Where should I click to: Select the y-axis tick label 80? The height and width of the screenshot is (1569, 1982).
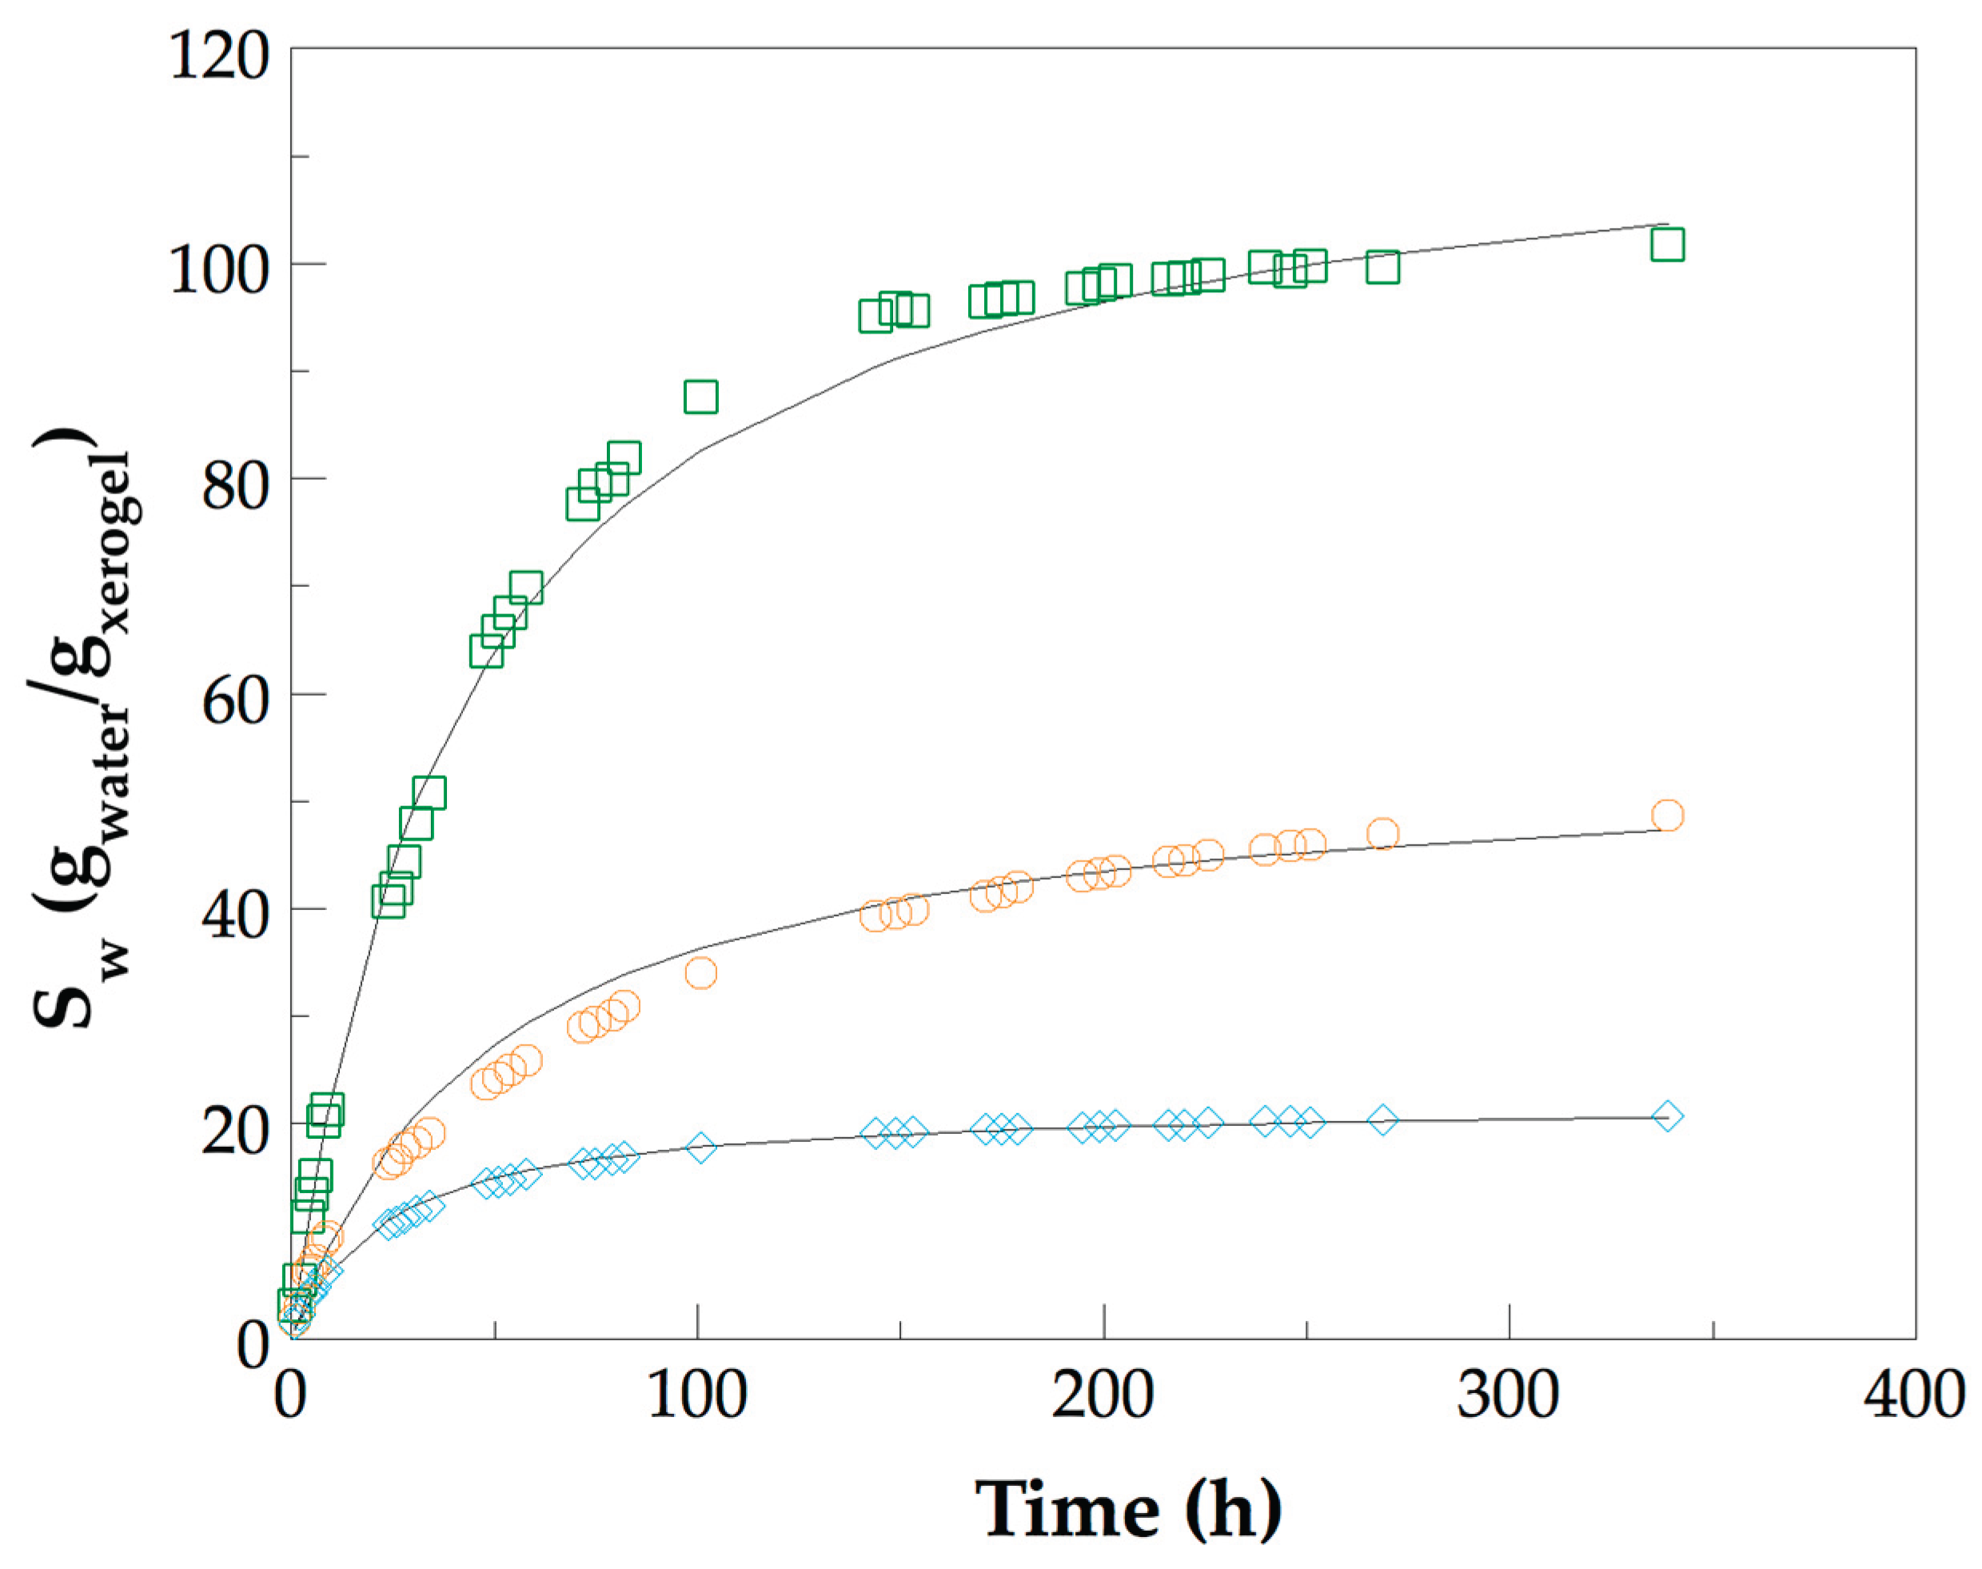click(235, 486)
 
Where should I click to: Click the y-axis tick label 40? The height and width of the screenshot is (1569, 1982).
click(235, 916)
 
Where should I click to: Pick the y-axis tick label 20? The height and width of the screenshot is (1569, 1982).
click(235, 1131)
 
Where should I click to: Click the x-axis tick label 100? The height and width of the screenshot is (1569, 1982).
click(697, 1396)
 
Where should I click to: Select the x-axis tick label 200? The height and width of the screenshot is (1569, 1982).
click(1102, 1396)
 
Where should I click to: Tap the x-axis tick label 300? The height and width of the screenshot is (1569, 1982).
click(1508, 1396)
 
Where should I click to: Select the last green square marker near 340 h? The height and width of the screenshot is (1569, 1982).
click(1667, 246)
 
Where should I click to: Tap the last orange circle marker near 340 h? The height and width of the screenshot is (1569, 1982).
click(1667, 815)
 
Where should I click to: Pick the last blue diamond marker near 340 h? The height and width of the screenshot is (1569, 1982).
click(1667, 1117)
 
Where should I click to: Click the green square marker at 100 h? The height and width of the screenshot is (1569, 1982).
click(700, 397)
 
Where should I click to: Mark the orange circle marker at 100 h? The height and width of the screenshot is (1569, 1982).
click(700, 972)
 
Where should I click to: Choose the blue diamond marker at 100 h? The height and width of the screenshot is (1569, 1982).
click(700, 1148)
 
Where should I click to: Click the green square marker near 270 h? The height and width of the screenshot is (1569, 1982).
click(1382, 267)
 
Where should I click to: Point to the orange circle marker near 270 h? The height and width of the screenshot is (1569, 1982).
click(1382, 834)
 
